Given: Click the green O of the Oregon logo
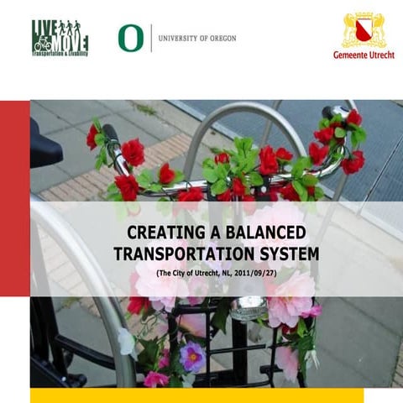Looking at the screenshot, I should (x=129, y=38).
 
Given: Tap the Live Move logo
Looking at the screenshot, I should (x=60, y=38).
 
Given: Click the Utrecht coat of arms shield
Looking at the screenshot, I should (x=364, y=29).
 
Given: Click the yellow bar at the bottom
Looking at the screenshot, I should (x=196, y=395).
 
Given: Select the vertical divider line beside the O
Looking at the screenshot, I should (x=150, y=38).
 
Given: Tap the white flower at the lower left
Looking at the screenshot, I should (x=126, y=340).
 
